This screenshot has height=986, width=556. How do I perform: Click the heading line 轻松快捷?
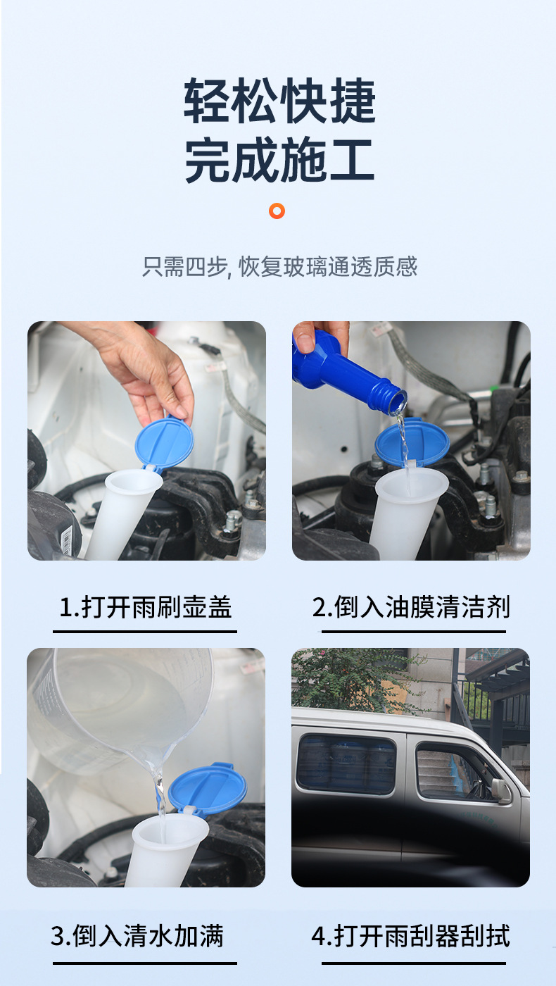(x=279, y=101)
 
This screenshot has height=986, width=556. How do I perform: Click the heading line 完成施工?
(x=279, y=161)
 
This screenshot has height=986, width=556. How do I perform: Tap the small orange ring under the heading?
(x=277, y=211)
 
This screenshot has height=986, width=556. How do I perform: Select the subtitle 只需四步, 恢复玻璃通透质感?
(x=279, y=267)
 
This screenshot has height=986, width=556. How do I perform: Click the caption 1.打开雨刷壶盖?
(x=145, y=606)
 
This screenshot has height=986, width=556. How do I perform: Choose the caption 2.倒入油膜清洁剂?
(x=411, y=606)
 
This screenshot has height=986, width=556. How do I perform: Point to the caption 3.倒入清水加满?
(x=137, y=936)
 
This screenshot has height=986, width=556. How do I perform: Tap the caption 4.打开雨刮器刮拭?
(x=411, y=936)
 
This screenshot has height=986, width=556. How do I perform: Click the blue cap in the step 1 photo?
(x=163, y=444)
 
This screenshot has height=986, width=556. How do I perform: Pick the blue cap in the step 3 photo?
(x=207, y=789)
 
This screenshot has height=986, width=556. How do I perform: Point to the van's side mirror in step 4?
(x=501, y=790)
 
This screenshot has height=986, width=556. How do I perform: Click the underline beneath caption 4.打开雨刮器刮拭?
(x=414, y=962)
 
